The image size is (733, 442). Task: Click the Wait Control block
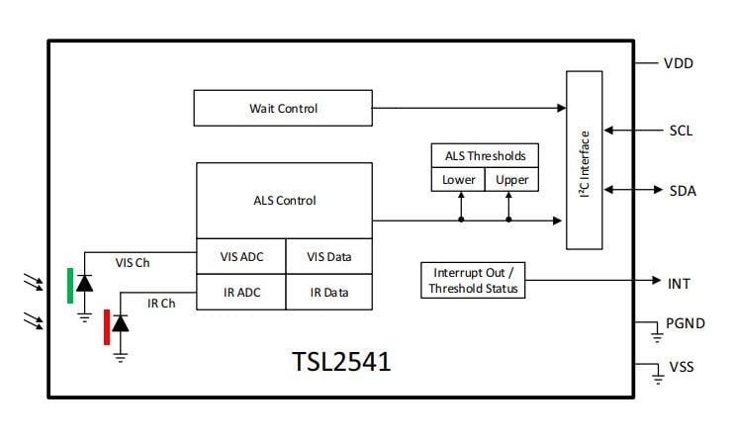point(284,108)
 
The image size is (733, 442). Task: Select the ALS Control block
point(285,200)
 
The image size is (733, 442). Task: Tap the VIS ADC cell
point(241,257)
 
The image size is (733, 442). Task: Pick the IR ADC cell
point(241,293)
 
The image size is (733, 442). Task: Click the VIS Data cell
point(329,257)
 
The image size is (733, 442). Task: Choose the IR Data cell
point(329,293)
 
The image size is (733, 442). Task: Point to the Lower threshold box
point(458,180)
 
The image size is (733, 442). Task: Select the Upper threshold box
point(511,180)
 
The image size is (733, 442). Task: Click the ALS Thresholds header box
point(485,156)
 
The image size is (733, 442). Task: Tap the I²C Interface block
point(584,160)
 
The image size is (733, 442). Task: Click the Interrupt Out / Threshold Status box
point(472,281)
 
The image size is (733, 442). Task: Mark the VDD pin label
point(678,63)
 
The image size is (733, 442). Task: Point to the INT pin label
point(679,284)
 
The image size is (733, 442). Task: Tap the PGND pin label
point(684,322)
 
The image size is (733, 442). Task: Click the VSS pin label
point(681,367)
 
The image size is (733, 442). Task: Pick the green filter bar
point(70,285)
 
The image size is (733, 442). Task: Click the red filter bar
point(106,326)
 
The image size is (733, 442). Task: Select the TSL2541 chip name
point(340,362)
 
